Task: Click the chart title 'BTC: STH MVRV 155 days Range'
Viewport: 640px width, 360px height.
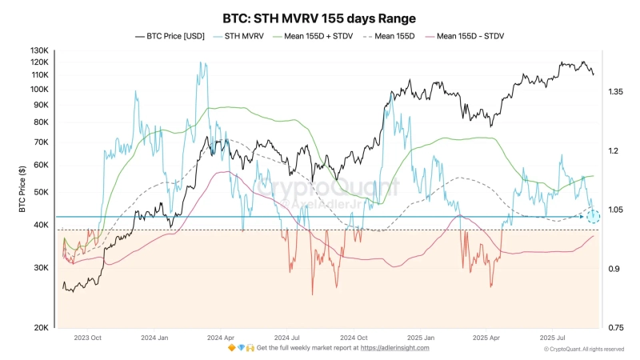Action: tap(319, 18)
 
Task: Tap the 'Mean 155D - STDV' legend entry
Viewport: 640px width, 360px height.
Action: tap(467, 36)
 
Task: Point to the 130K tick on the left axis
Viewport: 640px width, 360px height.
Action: tap(40, 51)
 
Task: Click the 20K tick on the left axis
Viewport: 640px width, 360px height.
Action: tap(42, 328)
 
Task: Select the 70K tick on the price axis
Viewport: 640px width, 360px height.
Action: tap(42, 142)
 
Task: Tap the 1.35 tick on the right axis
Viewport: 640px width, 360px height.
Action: tap(615, 93)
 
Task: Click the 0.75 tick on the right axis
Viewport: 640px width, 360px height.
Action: tap(615, 328)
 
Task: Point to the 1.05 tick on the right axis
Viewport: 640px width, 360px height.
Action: tap(615, 210)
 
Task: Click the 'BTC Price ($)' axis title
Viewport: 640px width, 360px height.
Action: tap(22, 193)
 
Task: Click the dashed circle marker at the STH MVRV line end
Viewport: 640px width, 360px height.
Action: tap(593, 216)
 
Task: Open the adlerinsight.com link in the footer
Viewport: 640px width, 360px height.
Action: tap(394, 348)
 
